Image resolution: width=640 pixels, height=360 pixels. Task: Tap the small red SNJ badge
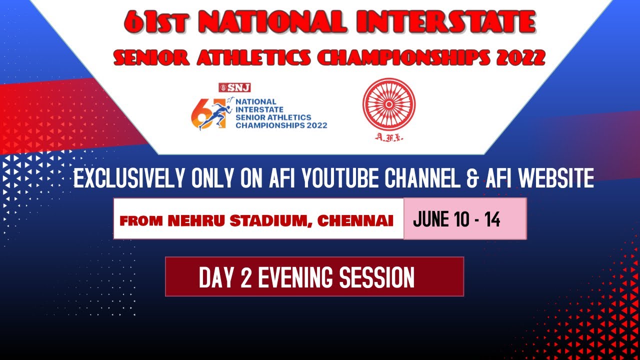pos(234,87)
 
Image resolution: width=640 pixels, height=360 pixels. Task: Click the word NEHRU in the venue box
pos(192,220)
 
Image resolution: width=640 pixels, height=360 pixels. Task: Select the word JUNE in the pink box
pos(431,219)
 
